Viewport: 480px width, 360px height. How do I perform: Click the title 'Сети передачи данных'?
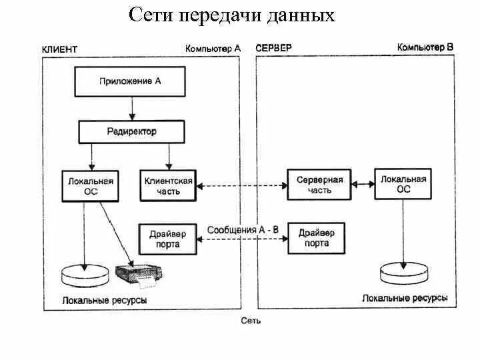pyautogui.click(x=231, y=15)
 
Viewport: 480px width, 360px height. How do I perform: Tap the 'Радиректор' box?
pyautogui.click(x=132, y=131)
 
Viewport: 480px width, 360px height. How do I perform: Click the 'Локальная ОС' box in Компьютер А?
pyautogui.click(x=91, y=185)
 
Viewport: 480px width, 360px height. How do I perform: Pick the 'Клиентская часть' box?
pyautogui.click(x=169, y=185)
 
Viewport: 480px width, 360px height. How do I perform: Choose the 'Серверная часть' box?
pyautogui.click(x=319, y=185)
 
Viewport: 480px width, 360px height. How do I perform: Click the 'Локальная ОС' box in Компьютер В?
pyautogui.click(x=403, y=183)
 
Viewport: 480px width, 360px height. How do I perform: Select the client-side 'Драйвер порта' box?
pyautogui.click(x=167, y=239)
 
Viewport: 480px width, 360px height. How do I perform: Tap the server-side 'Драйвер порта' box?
pyautogui.click(x=317, y=239)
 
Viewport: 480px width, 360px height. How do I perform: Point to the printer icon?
pyautogui.click(x=142, y=273)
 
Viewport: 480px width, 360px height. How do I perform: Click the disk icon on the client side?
pyautogui.click(x=84, y=275)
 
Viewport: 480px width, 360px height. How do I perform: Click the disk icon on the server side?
pyautogui.click(x=403, y=273)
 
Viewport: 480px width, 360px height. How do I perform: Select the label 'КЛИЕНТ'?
pyautogui.click(x=59, y=49)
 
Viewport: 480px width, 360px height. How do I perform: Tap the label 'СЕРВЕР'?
pyautogui.click(x=274, y=49)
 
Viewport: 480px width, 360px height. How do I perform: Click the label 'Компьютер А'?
pyautogui.click(x=213, y=49)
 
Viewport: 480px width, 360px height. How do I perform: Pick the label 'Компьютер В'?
pyautogui.click(x=425, y=47)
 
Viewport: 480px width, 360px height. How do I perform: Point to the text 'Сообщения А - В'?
pyautogui.click(x=243, y=230)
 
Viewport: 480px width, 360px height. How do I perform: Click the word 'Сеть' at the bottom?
pyautogui.click(x=251, y=321)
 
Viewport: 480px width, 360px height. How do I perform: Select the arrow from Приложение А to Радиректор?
pyautogui.click(x=133, y=107)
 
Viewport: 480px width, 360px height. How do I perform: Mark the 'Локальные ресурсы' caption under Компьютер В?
pyautogui.click(x=405, y=298)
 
